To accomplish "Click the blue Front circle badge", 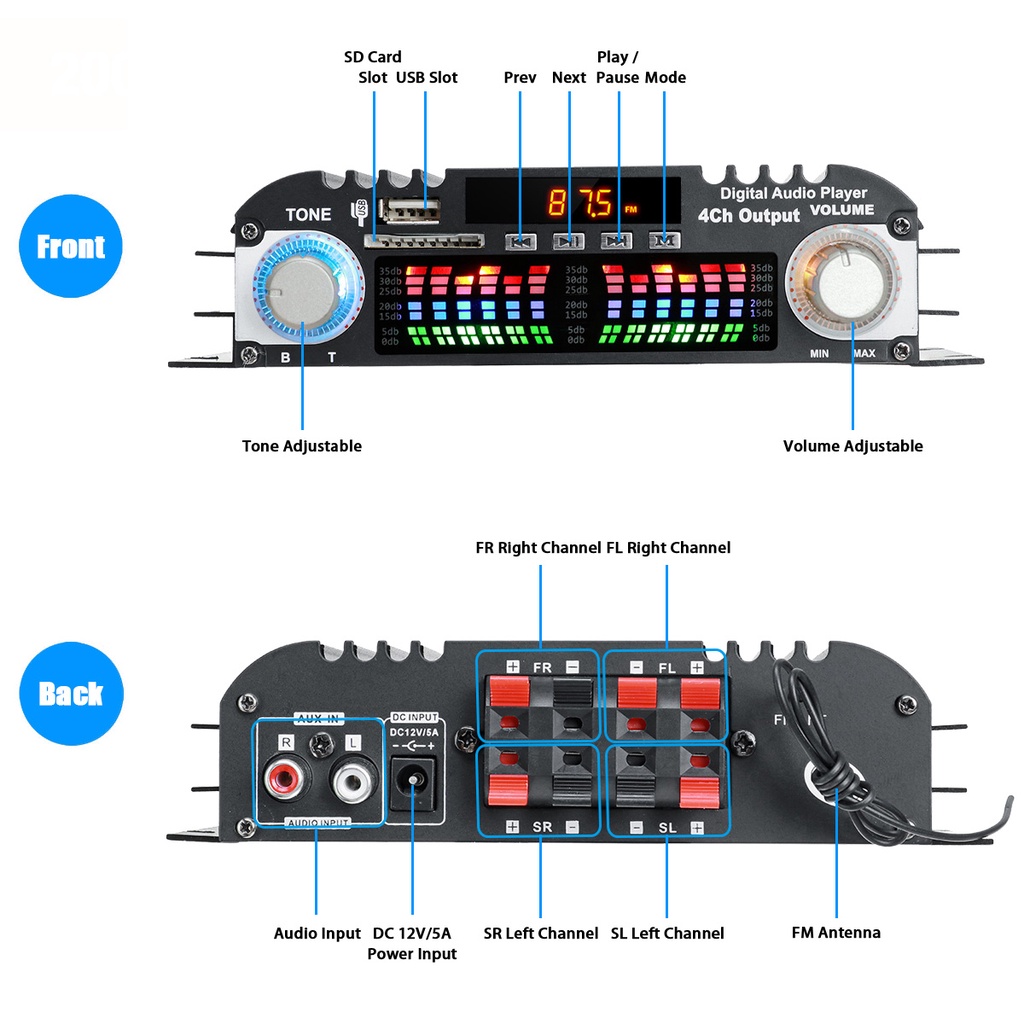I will point(70,246).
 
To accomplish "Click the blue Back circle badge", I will point(70,693).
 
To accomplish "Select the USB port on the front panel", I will point(411,211).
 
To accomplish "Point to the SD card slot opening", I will point(423,241).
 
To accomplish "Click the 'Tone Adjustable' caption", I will point(301,446).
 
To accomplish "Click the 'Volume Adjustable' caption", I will point(852,446).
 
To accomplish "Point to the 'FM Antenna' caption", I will point(836,932).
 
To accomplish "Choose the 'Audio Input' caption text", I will point(317,933).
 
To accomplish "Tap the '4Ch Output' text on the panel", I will point(748,215).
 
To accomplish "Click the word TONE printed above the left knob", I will point(308,215).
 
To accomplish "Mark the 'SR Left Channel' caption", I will point(541,933).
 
